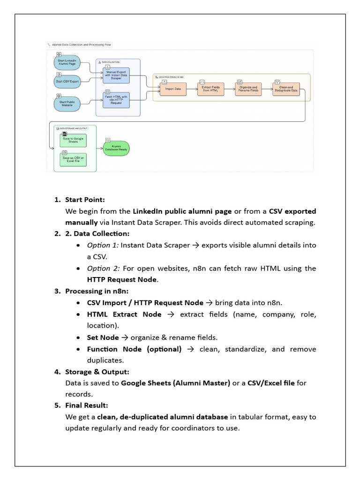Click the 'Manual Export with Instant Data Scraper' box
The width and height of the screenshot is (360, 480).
pos(116,76)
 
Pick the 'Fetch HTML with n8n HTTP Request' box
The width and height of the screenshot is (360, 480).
pos(116,100)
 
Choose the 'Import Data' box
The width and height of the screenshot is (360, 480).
pos(173,89)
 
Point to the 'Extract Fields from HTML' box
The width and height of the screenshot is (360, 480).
pos(210,89)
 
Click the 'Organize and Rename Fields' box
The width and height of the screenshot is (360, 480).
pos(248,89)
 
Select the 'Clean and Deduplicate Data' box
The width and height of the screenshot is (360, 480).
pos(286,89)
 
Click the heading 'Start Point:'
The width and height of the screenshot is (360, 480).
pos(85,200)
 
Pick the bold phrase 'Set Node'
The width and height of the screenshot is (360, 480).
pos(103,337)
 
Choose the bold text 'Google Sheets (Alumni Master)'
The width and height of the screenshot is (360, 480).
pos(175,383)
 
